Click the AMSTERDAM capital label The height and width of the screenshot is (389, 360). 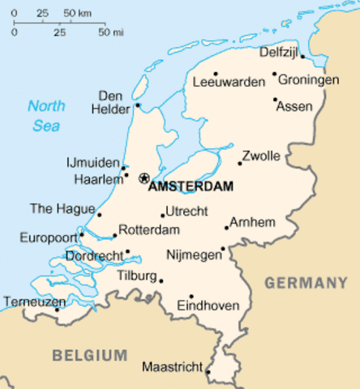191,186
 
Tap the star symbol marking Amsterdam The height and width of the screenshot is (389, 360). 144,177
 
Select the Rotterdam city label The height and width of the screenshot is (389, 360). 148,230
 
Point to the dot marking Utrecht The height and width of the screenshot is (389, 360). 163,216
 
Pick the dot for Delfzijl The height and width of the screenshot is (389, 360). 302,57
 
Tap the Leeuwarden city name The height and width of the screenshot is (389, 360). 229,82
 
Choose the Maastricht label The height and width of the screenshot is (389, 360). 171,367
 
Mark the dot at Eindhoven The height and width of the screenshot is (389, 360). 191,297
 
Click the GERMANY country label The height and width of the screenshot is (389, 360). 306,283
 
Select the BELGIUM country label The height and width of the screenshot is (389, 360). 90,355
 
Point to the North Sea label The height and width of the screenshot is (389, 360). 46,115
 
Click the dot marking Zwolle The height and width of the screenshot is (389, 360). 239,163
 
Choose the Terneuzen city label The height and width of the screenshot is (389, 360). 34,301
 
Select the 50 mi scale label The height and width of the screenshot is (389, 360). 110,32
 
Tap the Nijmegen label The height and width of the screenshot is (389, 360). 193,254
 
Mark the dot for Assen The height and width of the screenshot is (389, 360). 276,100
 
